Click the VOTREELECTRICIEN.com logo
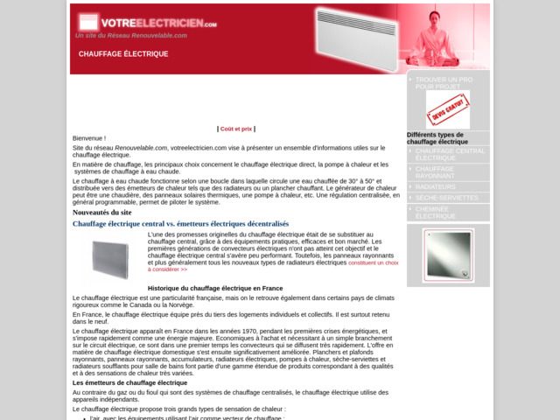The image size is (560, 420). point(146,22)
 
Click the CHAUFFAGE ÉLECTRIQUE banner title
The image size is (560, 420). point(123,54)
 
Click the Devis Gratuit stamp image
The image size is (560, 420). point(447,109)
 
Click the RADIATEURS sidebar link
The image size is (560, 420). point(436,187)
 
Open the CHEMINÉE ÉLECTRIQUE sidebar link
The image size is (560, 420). point(436,213)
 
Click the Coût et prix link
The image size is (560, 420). point(236,129)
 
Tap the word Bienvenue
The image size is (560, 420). point(88,138)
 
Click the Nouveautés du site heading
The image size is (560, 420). point(101,212)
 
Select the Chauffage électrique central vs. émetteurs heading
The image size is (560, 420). point(192,224)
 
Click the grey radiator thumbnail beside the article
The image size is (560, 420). point(110,258)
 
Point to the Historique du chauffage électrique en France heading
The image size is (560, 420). point(215,288)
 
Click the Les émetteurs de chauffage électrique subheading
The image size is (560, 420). point(129,382)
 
